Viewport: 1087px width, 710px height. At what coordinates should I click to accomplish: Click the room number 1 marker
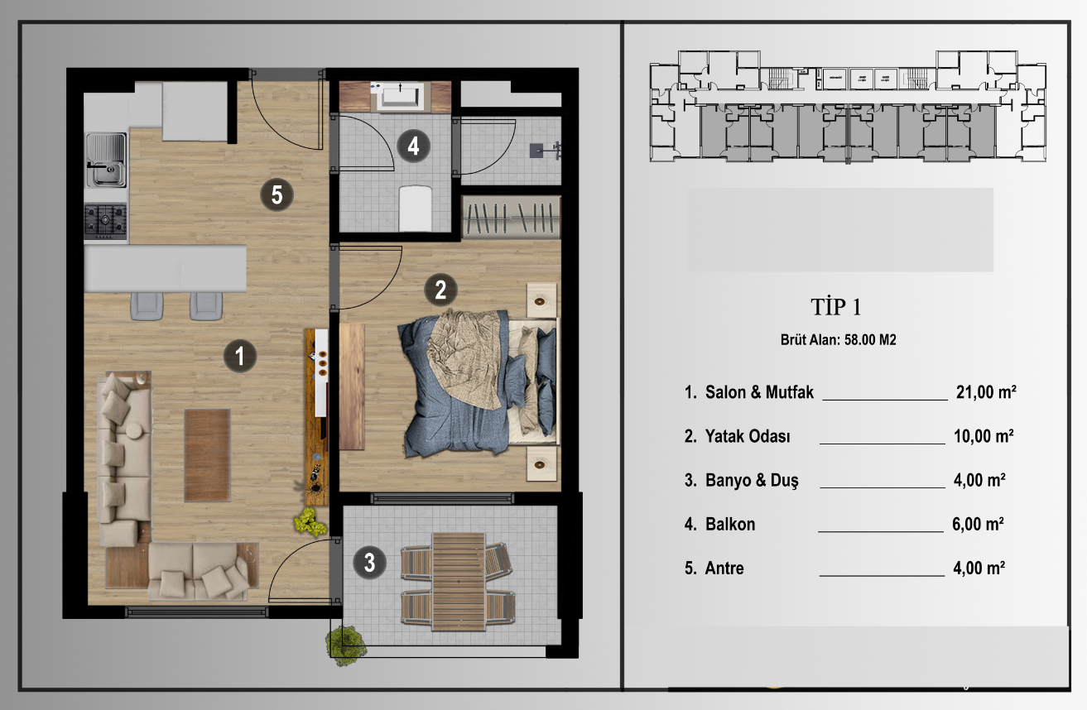point(240,356)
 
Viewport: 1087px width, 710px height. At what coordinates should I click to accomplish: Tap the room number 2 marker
point(440,290)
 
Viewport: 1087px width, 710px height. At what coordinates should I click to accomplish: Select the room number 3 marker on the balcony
point(370,563)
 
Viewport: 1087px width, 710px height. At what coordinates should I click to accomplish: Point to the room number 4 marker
point(413,146)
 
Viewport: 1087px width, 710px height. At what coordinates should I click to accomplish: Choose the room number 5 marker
point(277,194)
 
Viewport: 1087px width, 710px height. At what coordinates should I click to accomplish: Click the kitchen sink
point(106,160)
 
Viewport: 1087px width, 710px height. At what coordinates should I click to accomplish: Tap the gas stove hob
point(106,222)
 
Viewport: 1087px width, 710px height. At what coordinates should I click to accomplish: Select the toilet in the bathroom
point(416,208)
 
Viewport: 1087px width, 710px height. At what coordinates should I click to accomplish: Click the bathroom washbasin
point(401,95)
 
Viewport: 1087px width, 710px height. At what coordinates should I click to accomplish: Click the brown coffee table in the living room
point(207,455)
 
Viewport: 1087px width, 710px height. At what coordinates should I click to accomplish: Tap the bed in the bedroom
point(479,384)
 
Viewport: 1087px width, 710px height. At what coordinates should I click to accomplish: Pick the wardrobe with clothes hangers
point(511,217)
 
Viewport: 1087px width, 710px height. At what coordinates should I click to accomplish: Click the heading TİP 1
point(835,307)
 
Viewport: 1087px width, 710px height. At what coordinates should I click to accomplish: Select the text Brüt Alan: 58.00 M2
point(838,339)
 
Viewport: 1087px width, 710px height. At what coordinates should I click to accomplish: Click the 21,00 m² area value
point(986,392)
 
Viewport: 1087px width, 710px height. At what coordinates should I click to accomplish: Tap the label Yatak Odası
point(748,436)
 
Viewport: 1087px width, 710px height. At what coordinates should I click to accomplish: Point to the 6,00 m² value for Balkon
point(978,524)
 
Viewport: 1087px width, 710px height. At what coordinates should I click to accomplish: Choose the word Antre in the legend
point(724,568)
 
